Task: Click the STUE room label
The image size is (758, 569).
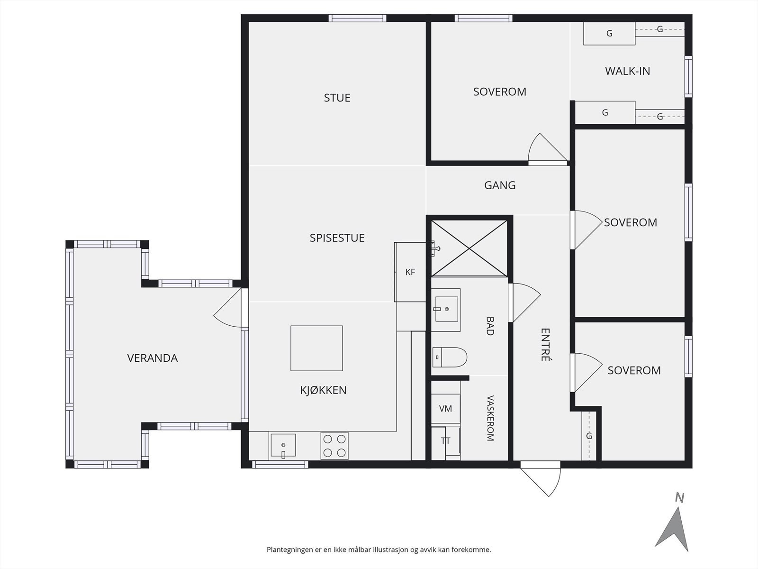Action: pos(337,98)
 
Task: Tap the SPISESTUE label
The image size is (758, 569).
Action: pos(337,238)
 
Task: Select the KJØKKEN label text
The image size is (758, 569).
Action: pos(323,390)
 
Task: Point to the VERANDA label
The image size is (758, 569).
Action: pos(152,358)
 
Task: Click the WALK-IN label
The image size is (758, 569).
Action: pos(627,71)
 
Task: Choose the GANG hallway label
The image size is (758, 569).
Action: pos(500,185)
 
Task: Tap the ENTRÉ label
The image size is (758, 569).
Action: pos(545,344)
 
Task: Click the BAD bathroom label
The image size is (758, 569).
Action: pos(490,326)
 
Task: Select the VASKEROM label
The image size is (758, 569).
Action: pos(490,418)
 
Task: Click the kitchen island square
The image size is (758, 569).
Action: pos(316,348)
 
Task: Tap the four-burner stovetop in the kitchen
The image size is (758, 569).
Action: pos(334,446)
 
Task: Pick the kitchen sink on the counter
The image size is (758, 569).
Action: pos(283,445)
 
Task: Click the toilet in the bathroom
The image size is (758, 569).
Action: pos(450,357)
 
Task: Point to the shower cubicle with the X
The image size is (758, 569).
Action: pos(469,248)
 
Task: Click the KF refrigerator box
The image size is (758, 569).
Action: pos(410,272)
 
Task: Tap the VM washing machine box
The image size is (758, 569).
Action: pos(445,409)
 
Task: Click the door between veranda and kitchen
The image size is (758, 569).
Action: pos(228,308)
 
